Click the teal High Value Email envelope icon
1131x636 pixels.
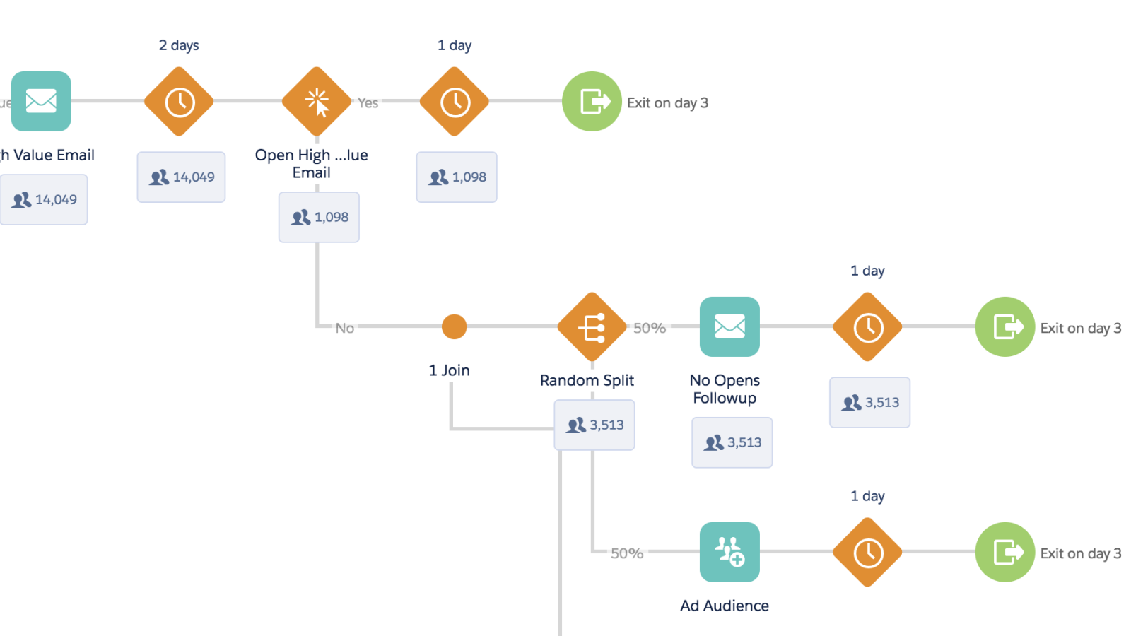coord(41,101)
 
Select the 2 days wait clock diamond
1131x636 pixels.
coord(179,102)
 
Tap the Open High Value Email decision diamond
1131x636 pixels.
coord(317,102)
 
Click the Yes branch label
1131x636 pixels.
coord(368,102)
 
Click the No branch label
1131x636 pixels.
coord(344,328)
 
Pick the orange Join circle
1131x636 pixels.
coord(454,326)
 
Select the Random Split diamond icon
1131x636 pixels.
coord(592,327)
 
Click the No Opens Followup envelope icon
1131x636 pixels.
coord(729,326)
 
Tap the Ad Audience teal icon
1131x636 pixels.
coord(729,552)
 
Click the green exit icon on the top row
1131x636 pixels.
coord(592,101)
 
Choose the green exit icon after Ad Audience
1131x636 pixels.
coord(1004,552)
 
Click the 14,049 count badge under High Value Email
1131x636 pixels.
coord(44,199)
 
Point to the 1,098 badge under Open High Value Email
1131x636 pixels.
coord(319,217)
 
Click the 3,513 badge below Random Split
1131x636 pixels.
coord(594,425)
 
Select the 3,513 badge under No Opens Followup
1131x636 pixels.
coord(732,442)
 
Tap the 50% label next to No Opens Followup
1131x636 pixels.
coord(649,328)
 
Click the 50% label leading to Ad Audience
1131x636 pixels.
coord(626,553)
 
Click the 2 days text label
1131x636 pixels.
coord(179,45)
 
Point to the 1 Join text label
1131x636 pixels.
coord(449,370)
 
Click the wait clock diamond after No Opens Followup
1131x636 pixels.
coord(867,327)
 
